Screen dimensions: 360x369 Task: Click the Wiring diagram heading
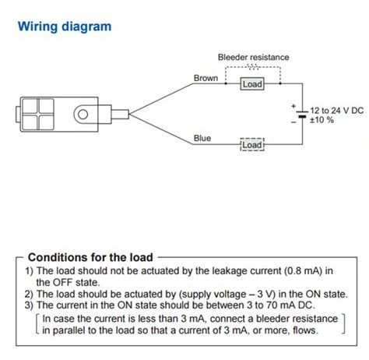(65, 26)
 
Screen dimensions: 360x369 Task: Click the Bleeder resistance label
(253, 58)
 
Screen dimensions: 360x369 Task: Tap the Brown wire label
(206, 79)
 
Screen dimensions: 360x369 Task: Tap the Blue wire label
(202, 138)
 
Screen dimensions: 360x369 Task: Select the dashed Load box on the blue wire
(252, 144)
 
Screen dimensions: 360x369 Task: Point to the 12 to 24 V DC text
(336, 111)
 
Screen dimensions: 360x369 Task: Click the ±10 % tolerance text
(323, 120)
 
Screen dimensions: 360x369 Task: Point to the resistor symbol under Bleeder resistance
(252, 67)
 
